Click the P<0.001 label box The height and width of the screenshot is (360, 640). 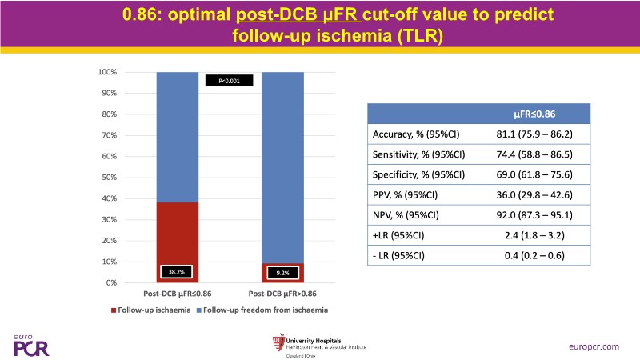229,80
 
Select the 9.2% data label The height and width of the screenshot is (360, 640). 283,273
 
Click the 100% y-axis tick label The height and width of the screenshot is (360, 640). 106,72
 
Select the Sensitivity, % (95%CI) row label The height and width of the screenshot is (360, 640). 419,154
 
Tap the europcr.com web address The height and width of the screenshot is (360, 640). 595,346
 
